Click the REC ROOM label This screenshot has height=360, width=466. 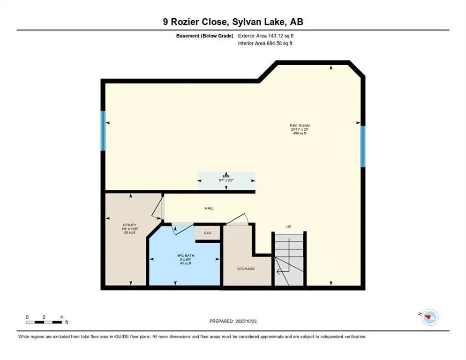click(300, 126)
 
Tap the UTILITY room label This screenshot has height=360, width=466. click(129, 225)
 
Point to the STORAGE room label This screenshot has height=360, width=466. click(246, 269)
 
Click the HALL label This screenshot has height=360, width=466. click(209, 208)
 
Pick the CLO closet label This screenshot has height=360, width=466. click(208, 232)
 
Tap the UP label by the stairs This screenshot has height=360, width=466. click(289, 227)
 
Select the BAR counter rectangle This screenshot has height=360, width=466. click(226, 180)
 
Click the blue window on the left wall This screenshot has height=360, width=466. click(103, 131)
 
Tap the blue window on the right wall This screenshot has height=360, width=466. click(363, 146)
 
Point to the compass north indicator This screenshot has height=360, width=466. click(428, 318)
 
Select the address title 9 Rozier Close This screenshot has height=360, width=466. click(233, 22)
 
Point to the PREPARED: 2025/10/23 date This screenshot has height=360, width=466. click(233, 321)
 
